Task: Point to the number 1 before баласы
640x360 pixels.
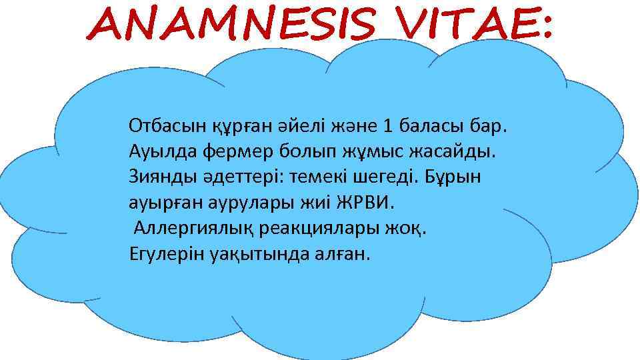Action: tap(389, 125)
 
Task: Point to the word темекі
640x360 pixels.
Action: tap(319, 177)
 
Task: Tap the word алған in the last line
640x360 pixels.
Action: tap(339, 254)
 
